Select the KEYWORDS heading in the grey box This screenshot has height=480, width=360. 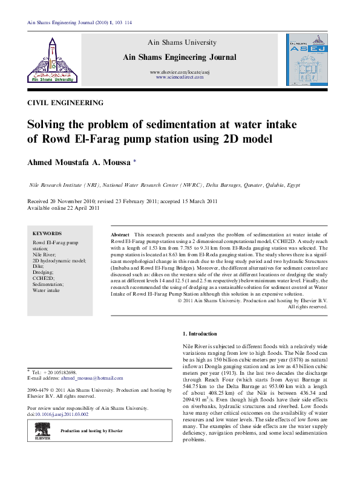(47, 233)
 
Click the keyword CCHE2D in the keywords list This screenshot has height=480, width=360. (42, 278)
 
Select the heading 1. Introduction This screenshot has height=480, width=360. (200, 334)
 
